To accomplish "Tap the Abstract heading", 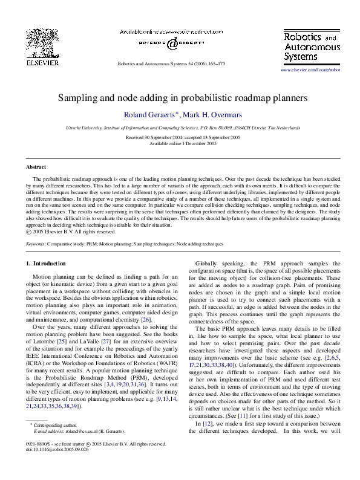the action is [37, 166].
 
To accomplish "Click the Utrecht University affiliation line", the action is [180, 128].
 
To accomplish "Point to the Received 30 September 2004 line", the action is [180, 137].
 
